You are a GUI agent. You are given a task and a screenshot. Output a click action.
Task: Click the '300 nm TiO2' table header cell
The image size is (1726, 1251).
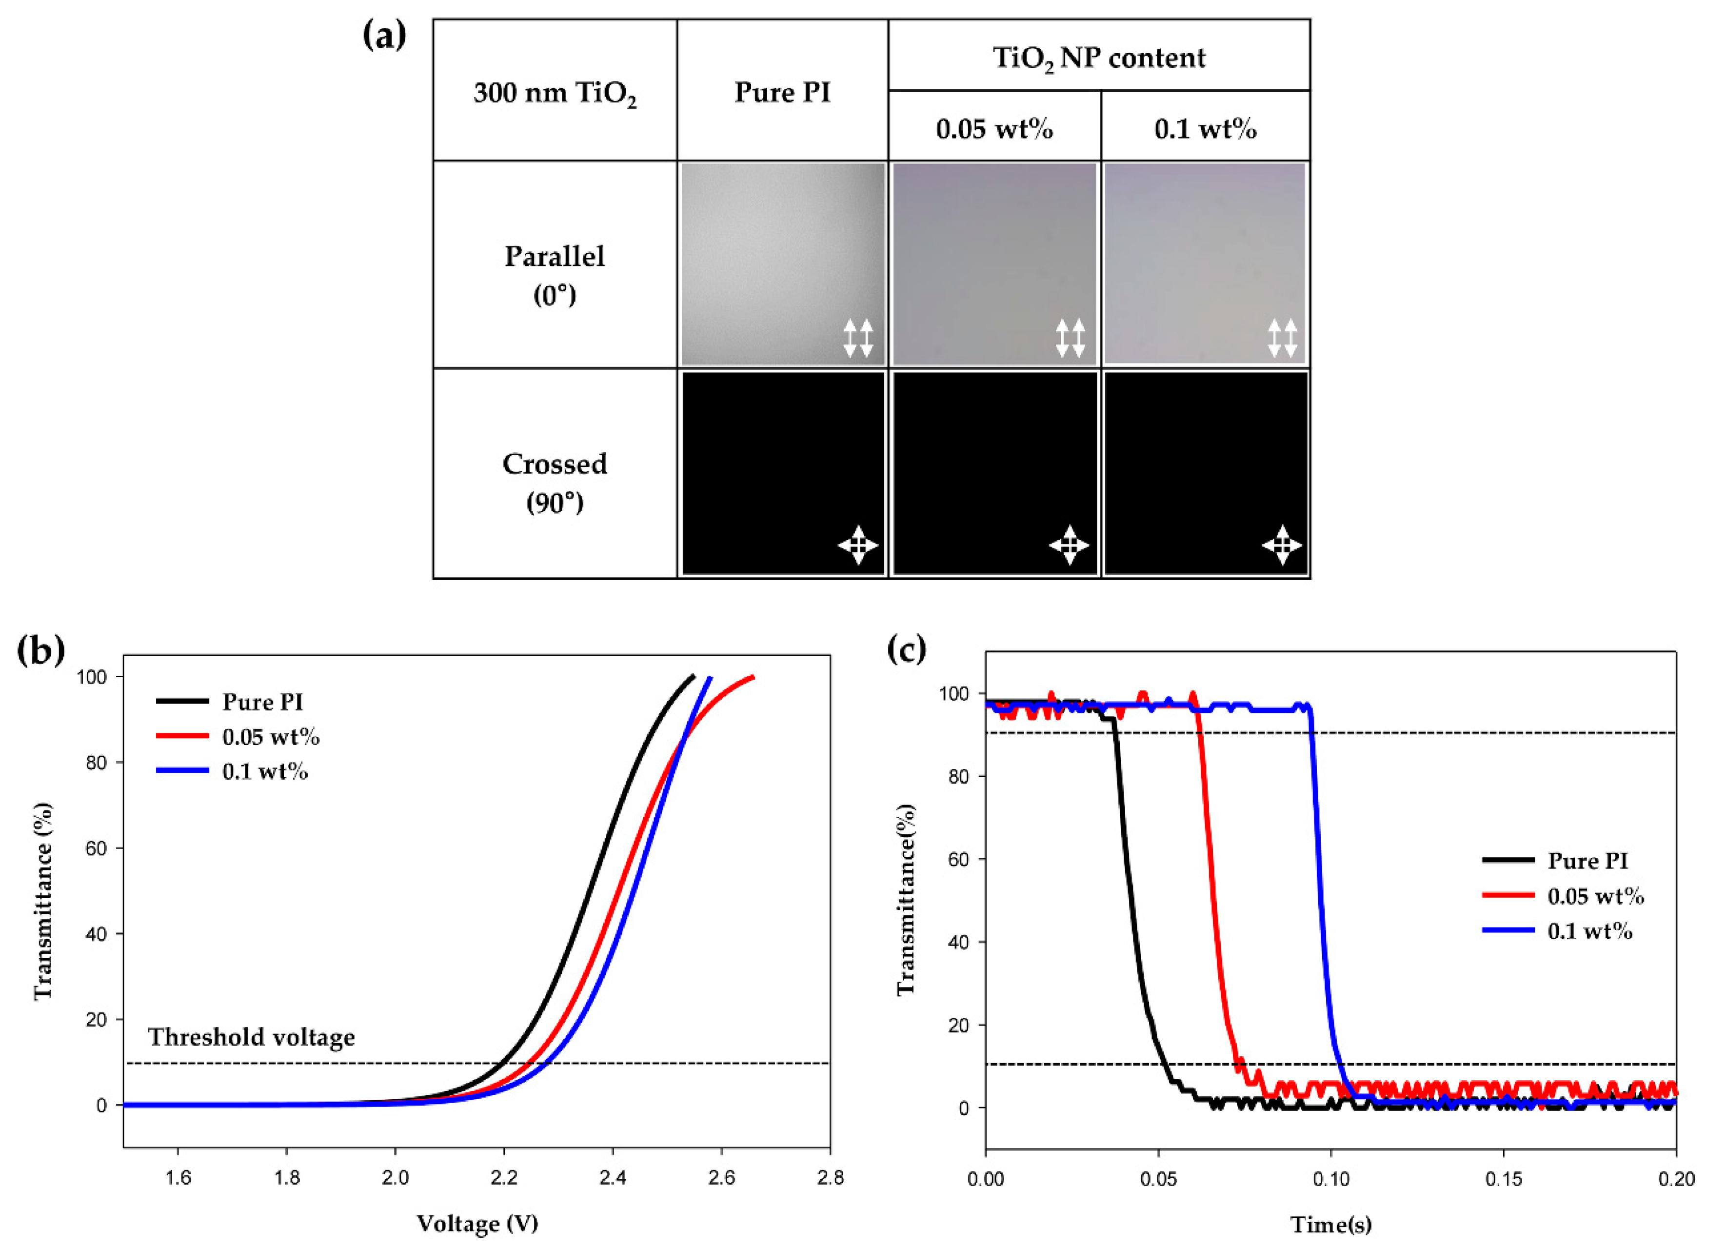(555, 93)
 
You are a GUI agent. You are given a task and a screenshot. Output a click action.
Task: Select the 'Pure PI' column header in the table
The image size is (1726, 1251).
(782, 92)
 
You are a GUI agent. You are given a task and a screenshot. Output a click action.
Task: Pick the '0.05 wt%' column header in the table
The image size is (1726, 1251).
(994, 129)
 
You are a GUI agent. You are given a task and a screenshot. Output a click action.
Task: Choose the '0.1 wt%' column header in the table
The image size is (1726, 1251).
(1206, 129)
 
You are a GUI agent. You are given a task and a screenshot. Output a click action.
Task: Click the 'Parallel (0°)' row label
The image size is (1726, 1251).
(555, 274)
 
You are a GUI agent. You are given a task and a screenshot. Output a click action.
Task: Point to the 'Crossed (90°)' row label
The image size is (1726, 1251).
(555, 482)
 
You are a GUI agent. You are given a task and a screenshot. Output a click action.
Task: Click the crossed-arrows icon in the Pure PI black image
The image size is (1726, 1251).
(858, 545)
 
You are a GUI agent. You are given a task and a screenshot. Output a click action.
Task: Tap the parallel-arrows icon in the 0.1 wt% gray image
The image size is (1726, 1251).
(1282, 338)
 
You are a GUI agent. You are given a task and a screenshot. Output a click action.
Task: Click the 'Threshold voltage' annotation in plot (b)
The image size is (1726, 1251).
(251, 1036)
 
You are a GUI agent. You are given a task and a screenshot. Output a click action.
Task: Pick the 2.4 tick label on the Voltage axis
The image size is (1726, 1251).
(613, 1178)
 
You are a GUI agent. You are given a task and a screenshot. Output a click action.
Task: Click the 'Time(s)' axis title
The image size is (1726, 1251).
(1330, 1224)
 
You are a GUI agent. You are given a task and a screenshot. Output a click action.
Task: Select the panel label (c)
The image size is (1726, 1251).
(907, 649)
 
